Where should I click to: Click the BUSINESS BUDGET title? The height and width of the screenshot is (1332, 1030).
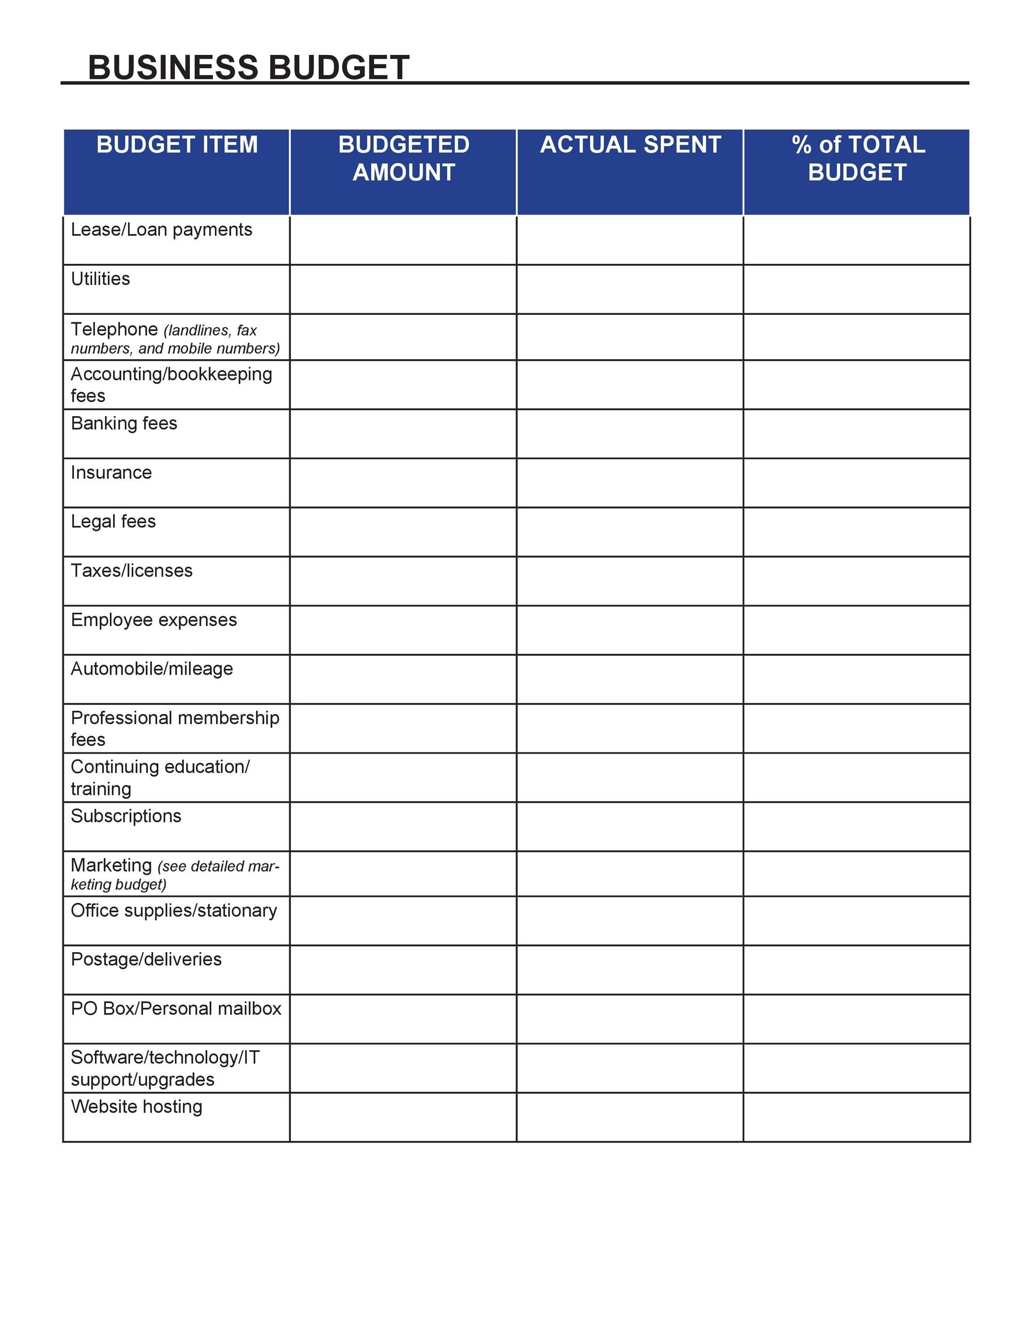248,67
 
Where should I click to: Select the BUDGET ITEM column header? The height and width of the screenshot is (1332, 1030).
177,145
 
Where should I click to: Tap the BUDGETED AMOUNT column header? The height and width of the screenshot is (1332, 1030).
404,159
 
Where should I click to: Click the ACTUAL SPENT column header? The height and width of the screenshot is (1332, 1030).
630,145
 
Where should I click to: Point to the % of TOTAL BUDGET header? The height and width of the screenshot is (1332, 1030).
857,159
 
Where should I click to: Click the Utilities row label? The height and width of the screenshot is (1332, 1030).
101,279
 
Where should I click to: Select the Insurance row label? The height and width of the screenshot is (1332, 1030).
111,473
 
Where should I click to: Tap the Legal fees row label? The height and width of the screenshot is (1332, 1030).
114,522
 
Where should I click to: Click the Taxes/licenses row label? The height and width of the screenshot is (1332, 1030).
132,571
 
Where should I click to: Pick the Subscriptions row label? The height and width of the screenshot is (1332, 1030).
126,816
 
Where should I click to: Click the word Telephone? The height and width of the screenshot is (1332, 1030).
114,329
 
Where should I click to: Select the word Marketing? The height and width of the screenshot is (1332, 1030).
111,865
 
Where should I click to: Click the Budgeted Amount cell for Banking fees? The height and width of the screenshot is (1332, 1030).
404,434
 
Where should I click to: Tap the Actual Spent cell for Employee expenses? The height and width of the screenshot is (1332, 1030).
630,630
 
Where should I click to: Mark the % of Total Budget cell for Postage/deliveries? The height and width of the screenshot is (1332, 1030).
857,970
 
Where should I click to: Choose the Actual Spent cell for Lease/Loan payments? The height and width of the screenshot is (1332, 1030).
630,240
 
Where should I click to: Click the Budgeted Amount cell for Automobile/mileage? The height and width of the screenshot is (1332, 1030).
404,679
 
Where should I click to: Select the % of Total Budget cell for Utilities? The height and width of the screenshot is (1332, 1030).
857,290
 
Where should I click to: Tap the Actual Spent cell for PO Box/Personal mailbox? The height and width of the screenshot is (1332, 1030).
630,1019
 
